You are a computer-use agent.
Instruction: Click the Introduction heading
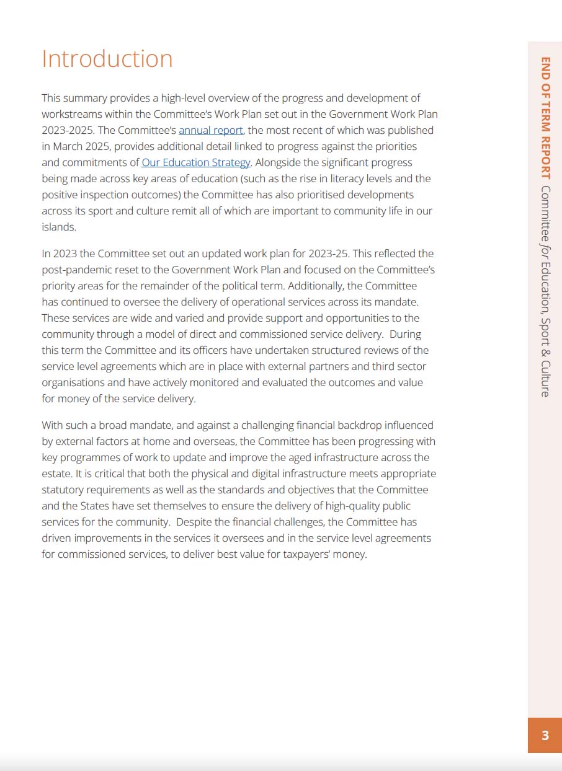click(x=107, y=59)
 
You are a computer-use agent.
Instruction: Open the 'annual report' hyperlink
click(x=211, y=130)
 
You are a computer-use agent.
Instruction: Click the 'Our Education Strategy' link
click(x=196, y=162)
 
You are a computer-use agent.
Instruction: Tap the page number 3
click(x=545, y=736)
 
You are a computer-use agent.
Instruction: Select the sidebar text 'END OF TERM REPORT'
click(x=545, y=118)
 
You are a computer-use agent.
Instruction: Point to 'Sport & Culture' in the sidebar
click(x=545, y=360)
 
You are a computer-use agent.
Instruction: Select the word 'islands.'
click(x=59, y=227)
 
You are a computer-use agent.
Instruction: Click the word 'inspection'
click(x=109, y=195)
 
